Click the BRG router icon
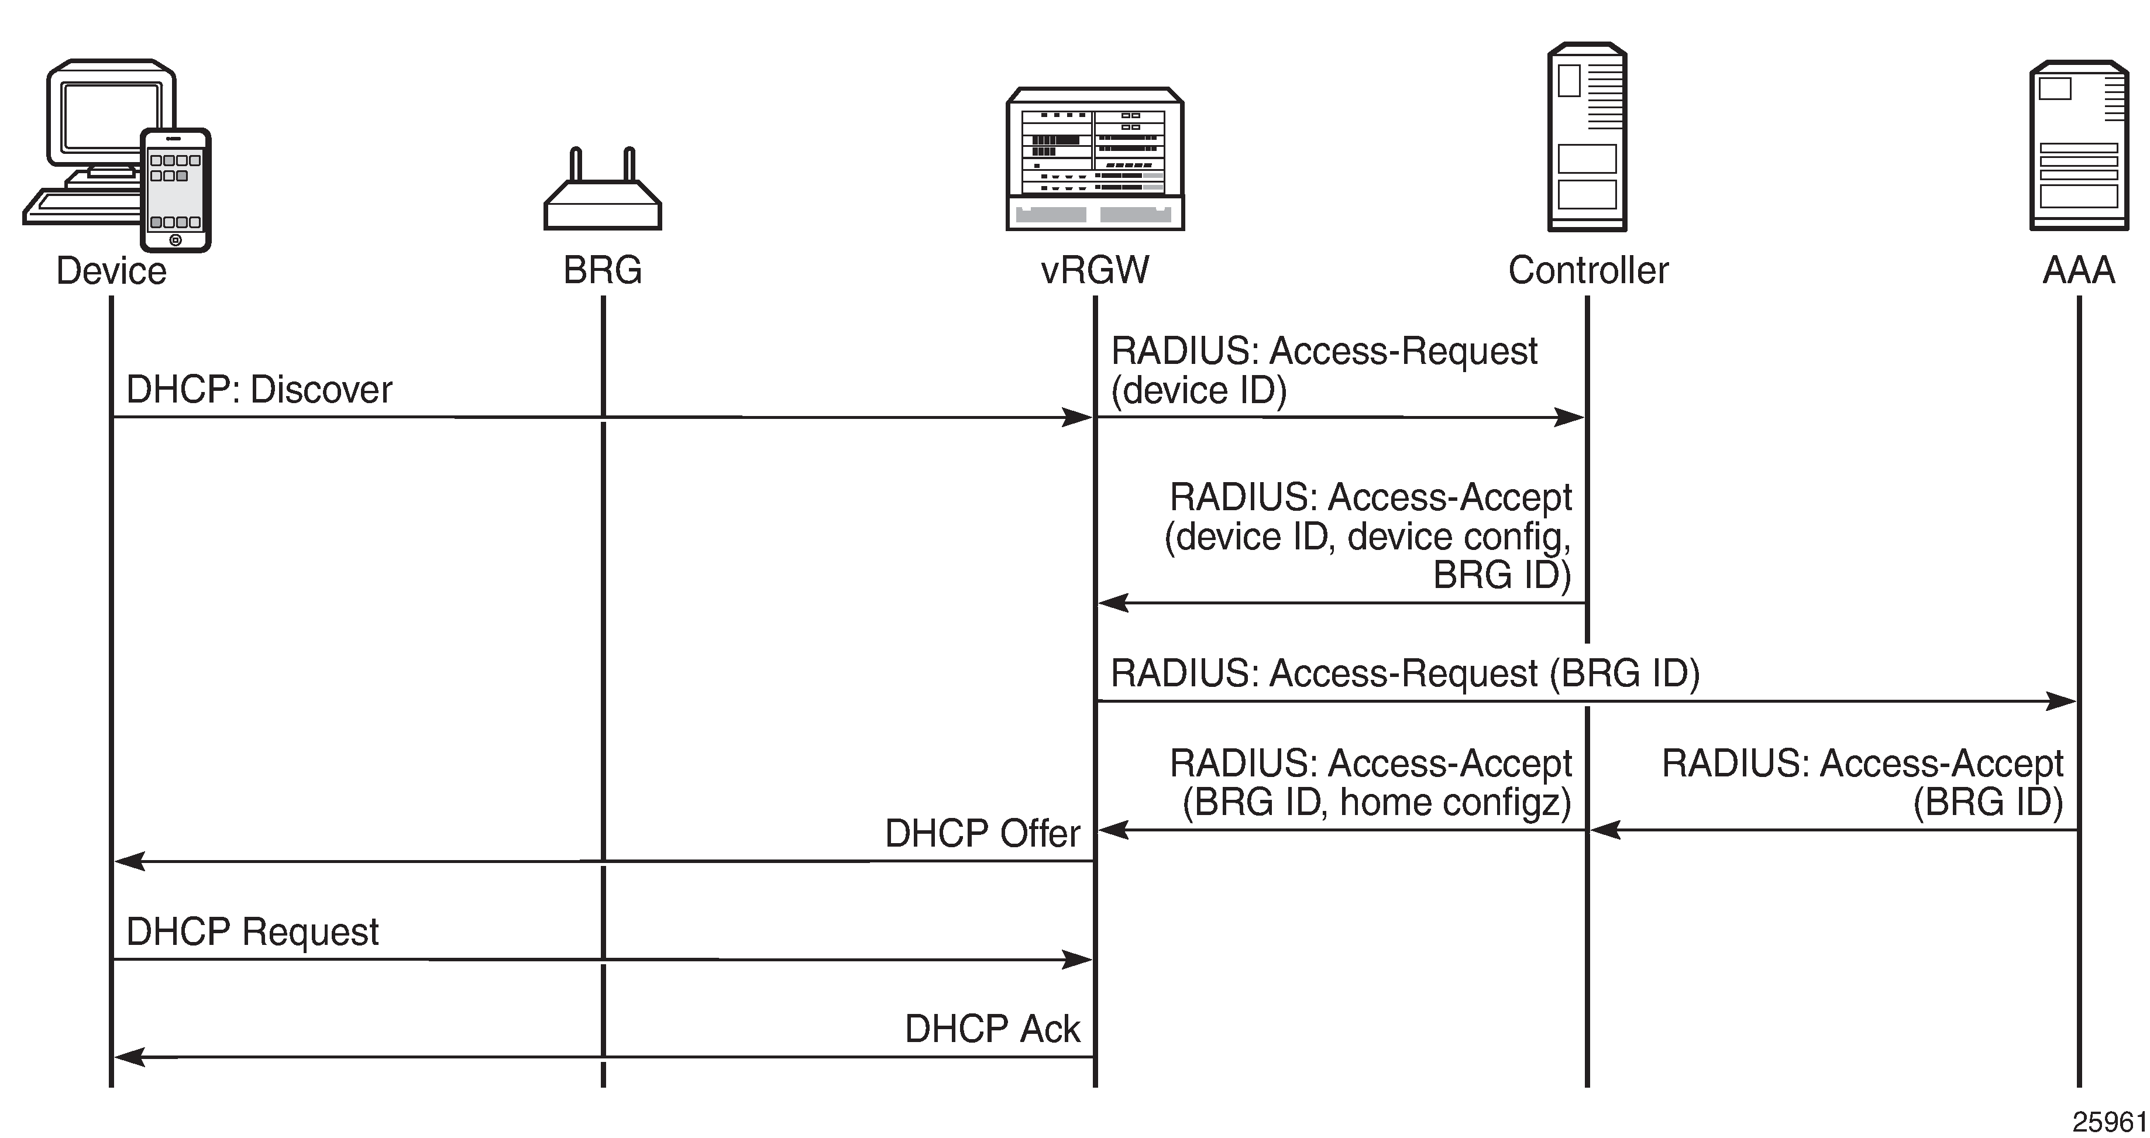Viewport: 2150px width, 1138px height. [x=603, y=196]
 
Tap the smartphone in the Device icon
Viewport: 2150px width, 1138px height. [x=176, y=190]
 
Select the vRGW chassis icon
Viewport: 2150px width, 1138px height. [x=1095, y=159]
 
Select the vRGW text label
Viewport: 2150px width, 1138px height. [x=1095, y=270]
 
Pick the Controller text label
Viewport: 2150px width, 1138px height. [x=1587, y=270]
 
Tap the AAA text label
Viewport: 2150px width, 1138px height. [x=2078, y=270]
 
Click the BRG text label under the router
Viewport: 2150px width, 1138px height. [x=603, y=270]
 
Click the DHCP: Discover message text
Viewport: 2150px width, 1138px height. [x=259, y=390]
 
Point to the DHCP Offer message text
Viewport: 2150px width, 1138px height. [x=982, y=833]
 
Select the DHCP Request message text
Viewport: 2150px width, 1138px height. [x=252, y=932]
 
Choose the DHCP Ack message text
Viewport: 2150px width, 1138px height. [x=992, y=1029]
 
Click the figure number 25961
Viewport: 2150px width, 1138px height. [x=2108, y=1121]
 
